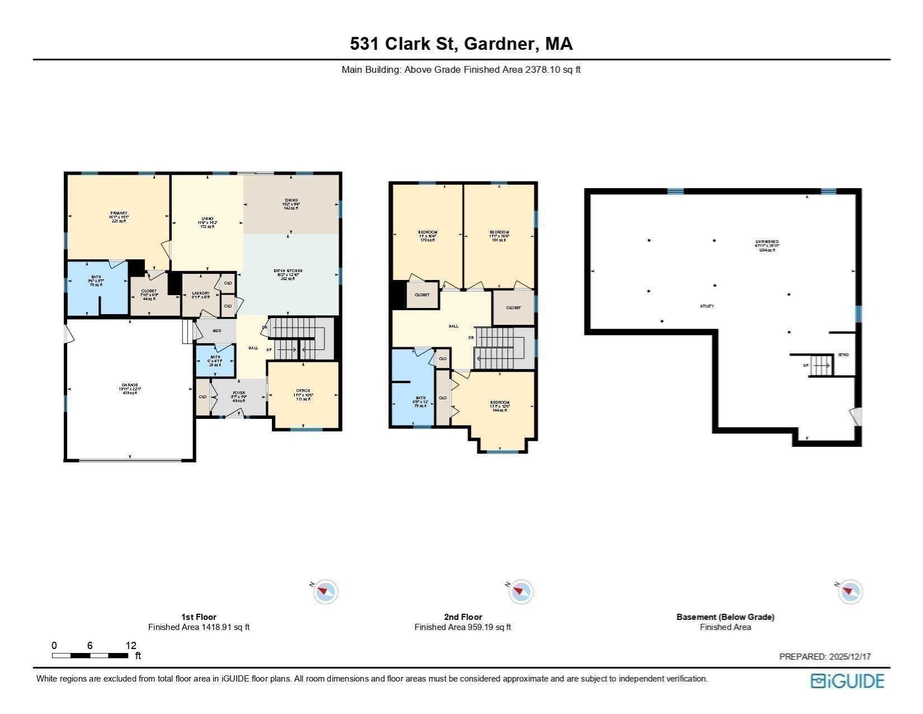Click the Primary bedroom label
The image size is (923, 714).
point(119,213)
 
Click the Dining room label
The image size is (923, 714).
point(291,200)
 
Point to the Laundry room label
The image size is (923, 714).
point(200,293)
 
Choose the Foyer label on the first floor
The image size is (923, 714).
point(239,393)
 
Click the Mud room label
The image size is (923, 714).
point(217,331)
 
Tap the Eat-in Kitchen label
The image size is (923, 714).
point(288,271)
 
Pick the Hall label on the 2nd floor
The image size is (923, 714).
point(454,326)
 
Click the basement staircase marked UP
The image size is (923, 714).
point(821,366)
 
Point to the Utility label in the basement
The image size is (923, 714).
point(707,306)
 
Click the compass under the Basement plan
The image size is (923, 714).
point(850,591)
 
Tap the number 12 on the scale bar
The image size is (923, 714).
point(131,645)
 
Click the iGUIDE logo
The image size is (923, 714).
point(847,681)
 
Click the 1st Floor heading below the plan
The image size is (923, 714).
point(199,617)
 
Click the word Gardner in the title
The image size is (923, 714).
point(500,44)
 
